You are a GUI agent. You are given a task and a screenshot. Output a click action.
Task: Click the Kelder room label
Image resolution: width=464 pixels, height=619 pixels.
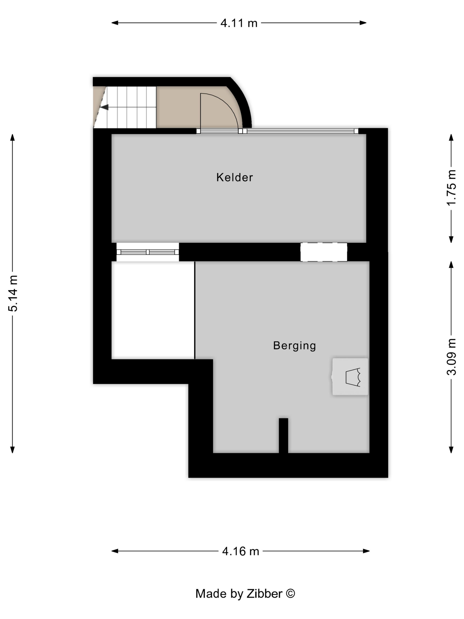point(234,178)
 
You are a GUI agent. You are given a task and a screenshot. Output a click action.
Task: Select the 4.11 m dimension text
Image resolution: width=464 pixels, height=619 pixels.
point(239,23)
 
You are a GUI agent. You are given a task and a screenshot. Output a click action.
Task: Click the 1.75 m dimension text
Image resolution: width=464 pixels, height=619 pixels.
point(451,187)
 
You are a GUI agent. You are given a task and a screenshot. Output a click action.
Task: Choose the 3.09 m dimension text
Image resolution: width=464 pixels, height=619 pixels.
point(451,357)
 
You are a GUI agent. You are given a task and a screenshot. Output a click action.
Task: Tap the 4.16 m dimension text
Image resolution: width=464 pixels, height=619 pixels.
point(241,551)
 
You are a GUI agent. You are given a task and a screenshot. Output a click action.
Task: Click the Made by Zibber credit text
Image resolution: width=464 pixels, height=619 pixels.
point(245,594)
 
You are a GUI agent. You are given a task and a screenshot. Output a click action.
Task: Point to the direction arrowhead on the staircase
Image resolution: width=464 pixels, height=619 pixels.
point(104,107)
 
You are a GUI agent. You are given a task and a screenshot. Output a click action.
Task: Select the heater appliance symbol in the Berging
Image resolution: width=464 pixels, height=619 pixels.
point(350,377)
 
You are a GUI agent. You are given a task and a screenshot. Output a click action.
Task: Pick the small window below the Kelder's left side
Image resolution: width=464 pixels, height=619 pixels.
point(148,252)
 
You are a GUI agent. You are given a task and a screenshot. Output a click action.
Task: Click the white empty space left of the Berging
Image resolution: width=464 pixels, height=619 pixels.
point(153,310)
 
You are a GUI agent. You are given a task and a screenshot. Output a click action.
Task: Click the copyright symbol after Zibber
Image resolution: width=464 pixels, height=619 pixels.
point(290,593)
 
